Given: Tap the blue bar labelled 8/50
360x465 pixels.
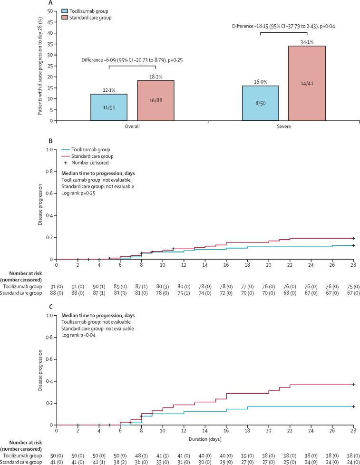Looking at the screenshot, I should click(x=261, y=103).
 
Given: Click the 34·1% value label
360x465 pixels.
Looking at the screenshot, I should click(x=307, y=42).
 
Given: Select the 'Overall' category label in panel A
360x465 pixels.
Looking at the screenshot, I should click(x=132, y=128).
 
